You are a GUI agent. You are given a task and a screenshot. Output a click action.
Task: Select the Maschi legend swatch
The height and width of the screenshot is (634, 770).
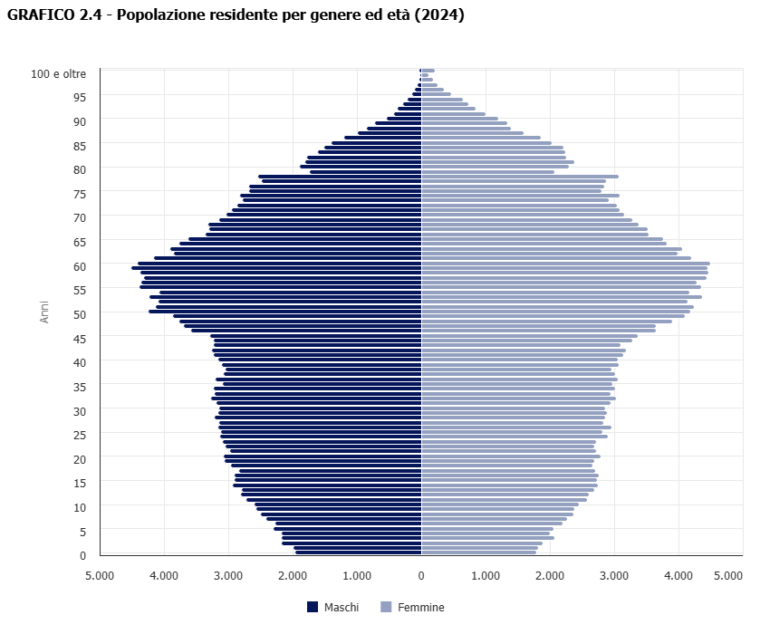point(313,607)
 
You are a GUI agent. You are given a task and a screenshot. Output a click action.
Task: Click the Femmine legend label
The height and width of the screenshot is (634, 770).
point(421,608)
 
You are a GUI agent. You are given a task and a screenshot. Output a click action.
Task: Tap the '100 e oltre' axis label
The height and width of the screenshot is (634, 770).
point(59,72)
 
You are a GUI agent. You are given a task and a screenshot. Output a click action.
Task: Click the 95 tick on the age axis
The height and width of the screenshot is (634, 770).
point(80,97)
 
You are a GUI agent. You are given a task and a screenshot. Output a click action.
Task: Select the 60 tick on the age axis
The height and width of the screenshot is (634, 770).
point(80,266)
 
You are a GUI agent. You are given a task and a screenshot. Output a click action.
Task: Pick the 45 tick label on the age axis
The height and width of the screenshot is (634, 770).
point(80,339)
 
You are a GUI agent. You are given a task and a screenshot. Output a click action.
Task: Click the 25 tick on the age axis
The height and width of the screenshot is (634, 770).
point(80,436)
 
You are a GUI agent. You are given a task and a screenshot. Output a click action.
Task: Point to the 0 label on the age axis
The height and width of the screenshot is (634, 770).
point(82,556)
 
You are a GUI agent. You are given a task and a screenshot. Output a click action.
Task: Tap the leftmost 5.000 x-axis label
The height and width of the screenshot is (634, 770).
point(100,574)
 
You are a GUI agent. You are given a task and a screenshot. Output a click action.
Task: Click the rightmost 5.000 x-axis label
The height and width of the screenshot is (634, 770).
point(727,574)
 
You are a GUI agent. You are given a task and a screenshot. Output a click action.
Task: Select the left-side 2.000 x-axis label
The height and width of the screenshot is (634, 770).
point(293,574)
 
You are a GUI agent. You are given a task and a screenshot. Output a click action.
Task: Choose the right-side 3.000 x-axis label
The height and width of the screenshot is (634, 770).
point(614,574)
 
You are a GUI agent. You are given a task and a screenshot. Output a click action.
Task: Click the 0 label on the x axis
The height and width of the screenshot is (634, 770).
point(421,574)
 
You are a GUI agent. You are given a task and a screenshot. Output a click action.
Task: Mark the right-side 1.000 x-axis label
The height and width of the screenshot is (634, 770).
point(486,574)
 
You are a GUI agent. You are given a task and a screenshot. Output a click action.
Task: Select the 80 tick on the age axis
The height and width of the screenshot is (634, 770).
point(80,169)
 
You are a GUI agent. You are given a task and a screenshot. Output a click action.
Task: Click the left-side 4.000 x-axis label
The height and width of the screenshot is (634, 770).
point(164,574)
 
